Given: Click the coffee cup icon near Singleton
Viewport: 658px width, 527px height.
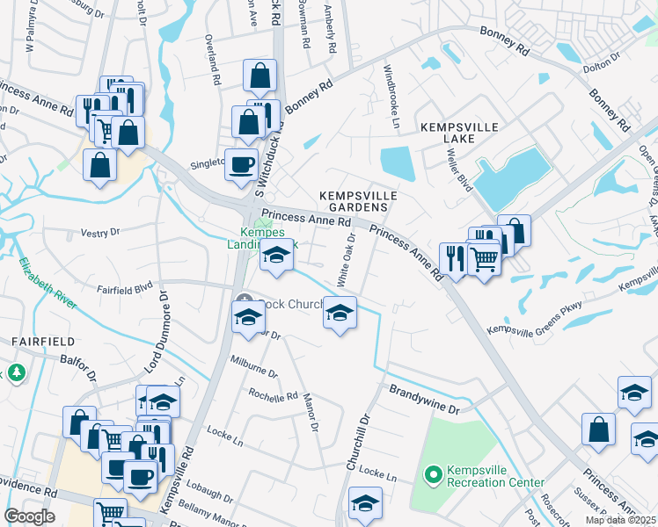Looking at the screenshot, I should [x=241, y=163].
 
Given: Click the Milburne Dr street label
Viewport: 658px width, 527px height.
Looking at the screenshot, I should [x=253, y=366].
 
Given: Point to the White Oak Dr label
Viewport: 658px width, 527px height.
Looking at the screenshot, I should [x=345, y=260].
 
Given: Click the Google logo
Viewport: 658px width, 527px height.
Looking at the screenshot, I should [x=29, y=516].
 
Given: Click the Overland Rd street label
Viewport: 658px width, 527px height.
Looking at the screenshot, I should [x=211, y=60].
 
